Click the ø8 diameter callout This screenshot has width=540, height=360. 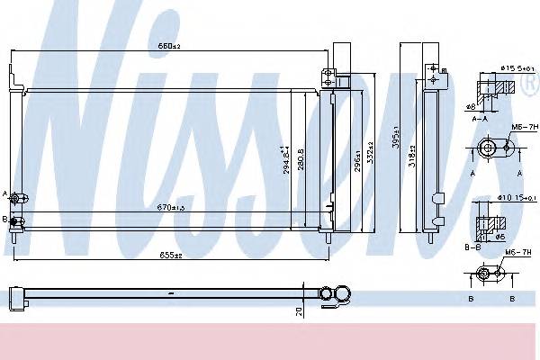472,106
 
